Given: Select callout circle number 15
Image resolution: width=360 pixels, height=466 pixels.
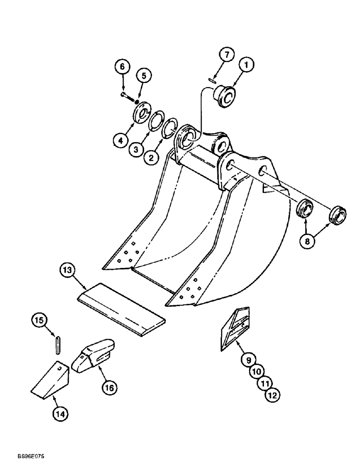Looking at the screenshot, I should [40, 320].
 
